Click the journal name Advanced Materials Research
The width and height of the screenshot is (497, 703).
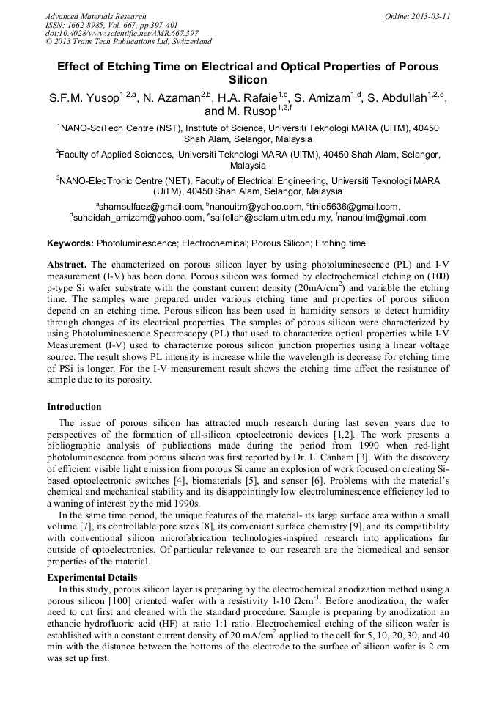(x=95, y=16)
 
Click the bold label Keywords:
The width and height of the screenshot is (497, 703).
(x=70, y=243)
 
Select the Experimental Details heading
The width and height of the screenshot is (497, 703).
(x=92, y=578)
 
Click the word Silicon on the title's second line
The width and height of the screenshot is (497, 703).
(x=248, y=80)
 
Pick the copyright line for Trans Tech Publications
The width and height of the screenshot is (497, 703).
(x=128, y=43)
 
